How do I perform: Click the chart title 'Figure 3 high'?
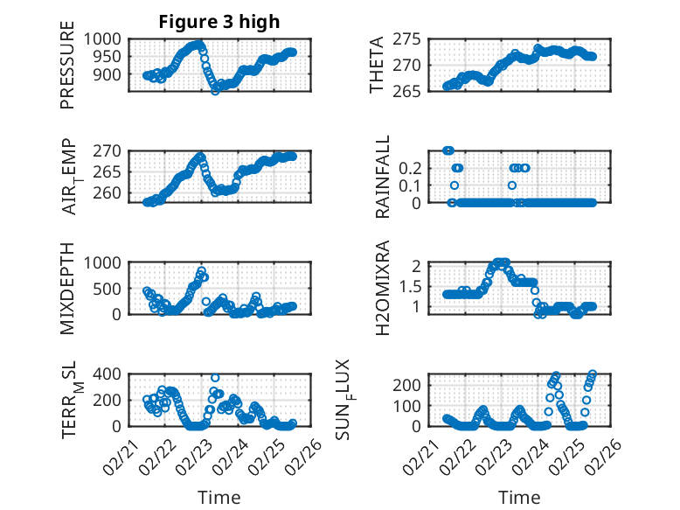click(x=219, y=22)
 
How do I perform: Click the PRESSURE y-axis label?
click(x=67, y=69)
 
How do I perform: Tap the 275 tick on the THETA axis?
click(x=416, y=39)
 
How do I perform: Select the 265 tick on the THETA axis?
click(x=416, y=92)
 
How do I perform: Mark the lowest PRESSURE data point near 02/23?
click(x=215, y=91)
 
